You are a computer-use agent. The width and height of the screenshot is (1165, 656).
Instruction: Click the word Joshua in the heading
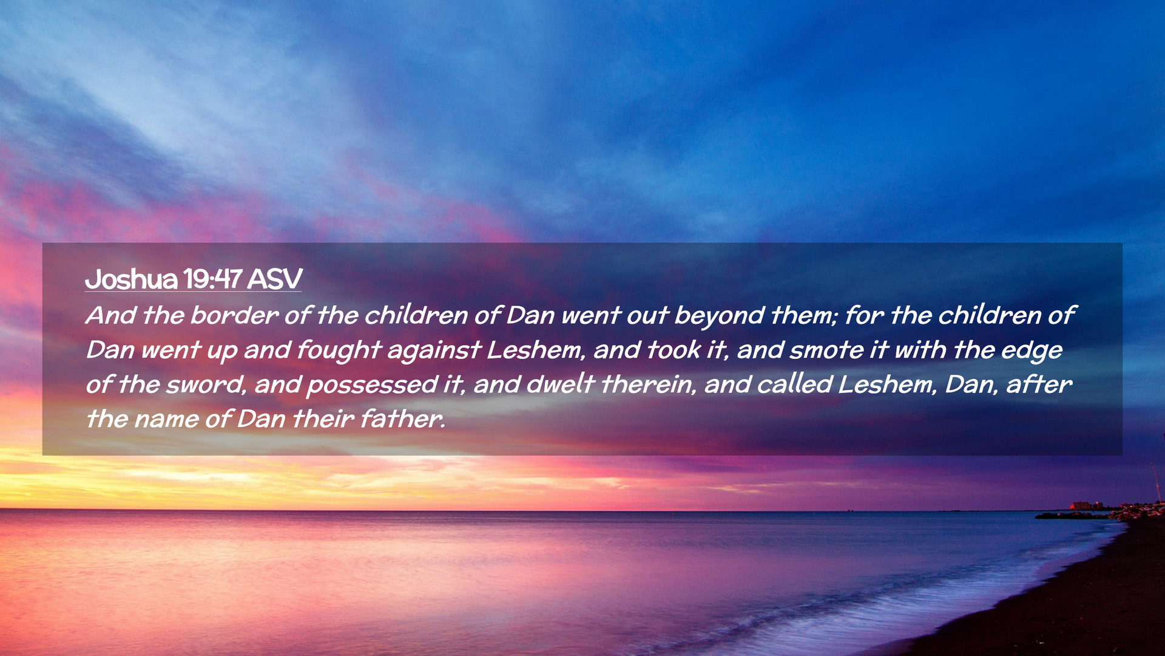pos(131,279)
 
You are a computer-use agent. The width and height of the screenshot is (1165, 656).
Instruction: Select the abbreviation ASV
pos(274,279)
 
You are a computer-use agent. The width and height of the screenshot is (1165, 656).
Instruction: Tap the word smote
pos(826,350)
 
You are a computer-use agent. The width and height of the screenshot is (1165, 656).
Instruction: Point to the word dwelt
pos(560,384)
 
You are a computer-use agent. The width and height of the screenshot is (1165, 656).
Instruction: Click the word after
pos(1039,384)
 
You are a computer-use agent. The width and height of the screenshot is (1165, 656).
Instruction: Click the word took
pos(674,350)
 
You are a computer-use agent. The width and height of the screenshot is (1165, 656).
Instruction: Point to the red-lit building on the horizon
pos(1081,505)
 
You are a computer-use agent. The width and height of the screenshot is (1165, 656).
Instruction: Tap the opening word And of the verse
pos(111,315)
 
